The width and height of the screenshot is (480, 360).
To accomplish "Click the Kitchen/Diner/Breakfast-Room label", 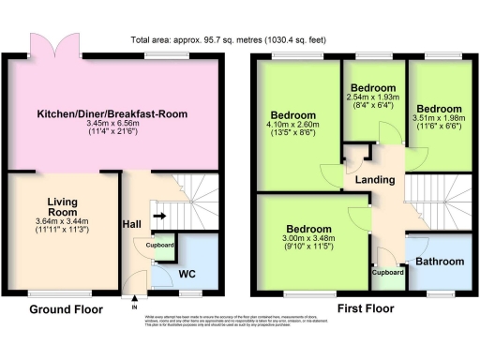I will (112, 114).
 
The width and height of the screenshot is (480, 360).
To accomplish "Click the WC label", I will (187, 275).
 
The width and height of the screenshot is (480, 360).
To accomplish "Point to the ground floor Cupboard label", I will (158, 245).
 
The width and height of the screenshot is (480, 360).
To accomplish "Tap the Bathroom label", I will (438, 261).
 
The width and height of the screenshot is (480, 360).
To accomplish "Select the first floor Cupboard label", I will (388, 273).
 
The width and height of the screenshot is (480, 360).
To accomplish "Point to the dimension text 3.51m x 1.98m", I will (441, 119).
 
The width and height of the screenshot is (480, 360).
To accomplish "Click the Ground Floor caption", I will (62, 308).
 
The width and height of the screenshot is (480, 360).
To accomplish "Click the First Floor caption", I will (365, 308).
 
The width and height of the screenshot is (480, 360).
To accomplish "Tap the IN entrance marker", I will (134, 306).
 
